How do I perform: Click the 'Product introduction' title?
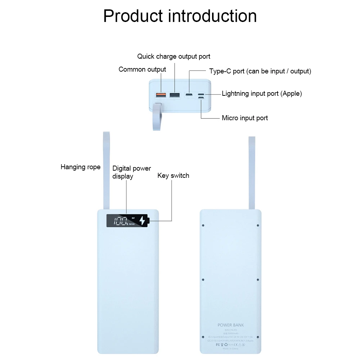(x=180, y=16)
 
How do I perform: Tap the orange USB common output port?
(x=161, y=95)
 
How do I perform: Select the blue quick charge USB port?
(x=175, y=95)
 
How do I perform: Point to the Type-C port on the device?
(x=189, y=95)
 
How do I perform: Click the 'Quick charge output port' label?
(x=174, y=57)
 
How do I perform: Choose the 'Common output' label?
(x=142, y=69)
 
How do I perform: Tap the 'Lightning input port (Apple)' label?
(x=262, y=94)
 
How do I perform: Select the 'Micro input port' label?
(x=245, y=118)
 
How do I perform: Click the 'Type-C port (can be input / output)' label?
(x=260, y=71)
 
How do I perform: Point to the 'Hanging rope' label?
(x=80, y=167)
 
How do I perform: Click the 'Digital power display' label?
(x=131, y=172)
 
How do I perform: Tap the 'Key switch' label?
(x=173, y=176)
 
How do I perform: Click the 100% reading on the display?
(x=119, y=221)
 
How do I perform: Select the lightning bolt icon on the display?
(x=143, y=221)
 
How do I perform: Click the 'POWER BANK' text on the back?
(x=231, y=325)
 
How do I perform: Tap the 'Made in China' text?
(x=231, y=349)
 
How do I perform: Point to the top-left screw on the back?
(x=203, y=225)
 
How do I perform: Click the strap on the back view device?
(x=252, y=173)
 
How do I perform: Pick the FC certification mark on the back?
(x=217, y=345)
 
